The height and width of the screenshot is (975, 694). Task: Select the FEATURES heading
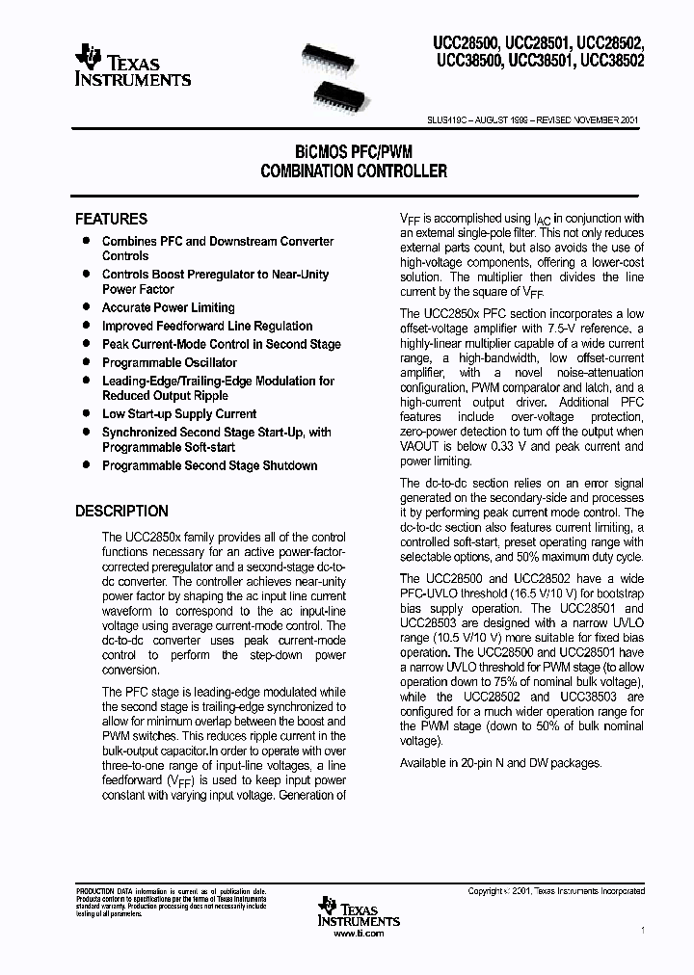(x=111, y=219)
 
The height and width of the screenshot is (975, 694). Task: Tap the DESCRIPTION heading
(x=121, y=511)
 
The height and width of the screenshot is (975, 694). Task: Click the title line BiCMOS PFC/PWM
(x=354, y=152)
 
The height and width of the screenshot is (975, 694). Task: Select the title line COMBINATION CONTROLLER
(x=354, y=171)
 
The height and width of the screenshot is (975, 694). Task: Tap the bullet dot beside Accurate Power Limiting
(x=86, y=306)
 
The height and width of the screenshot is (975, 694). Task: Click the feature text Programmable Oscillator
(x=169, y=362)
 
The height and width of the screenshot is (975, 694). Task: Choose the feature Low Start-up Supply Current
(x=179, y=413)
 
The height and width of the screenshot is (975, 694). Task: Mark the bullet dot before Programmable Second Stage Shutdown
(x=86, y=464)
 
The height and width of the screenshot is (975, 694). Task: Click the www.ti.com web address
(x=358, y=934)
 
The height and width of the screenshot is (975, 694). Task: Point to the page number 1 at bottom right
(x=642, y=930)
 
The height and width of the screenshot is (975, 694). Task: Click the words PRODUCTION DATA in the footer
(x=96, y=892)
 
